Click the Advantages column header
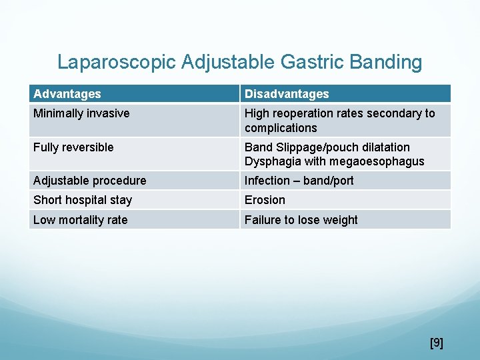67,94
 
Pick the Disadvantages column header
287,94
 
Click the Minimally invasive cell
81,113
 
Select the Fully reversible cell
73,147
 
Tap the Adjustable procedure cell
89,181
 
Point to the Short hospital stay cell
83,200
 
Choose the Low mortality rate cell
80,220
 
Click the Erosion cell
265,200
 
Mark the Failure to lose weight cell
301,220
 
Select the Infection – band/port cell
299,181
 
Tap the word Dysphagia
273,161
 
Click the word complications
281,128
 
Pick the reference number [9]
437,343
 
